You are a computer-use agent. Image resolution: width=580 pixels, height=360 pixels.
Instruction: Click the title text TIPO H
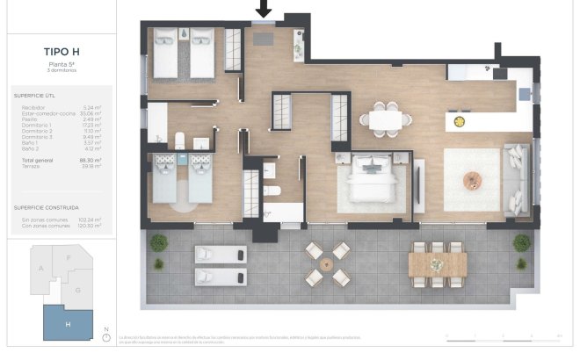coord(58,53)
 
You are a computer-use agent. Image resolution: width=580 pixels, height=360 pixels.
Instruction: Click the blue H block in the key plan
coord(68,324)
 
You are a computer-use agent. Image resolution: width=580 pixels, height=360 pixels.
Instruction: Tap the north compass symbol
coord(105,337)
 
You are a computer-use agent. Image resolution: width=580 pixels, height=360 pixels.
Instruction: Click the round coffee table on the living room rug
coord(474,180)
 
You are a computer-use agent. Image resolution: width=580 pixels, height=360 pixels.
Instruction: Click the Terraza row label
coord(30,166)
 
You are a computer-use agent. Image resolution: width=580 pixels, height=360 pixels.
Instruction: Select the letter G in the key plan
coord(78,290)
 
